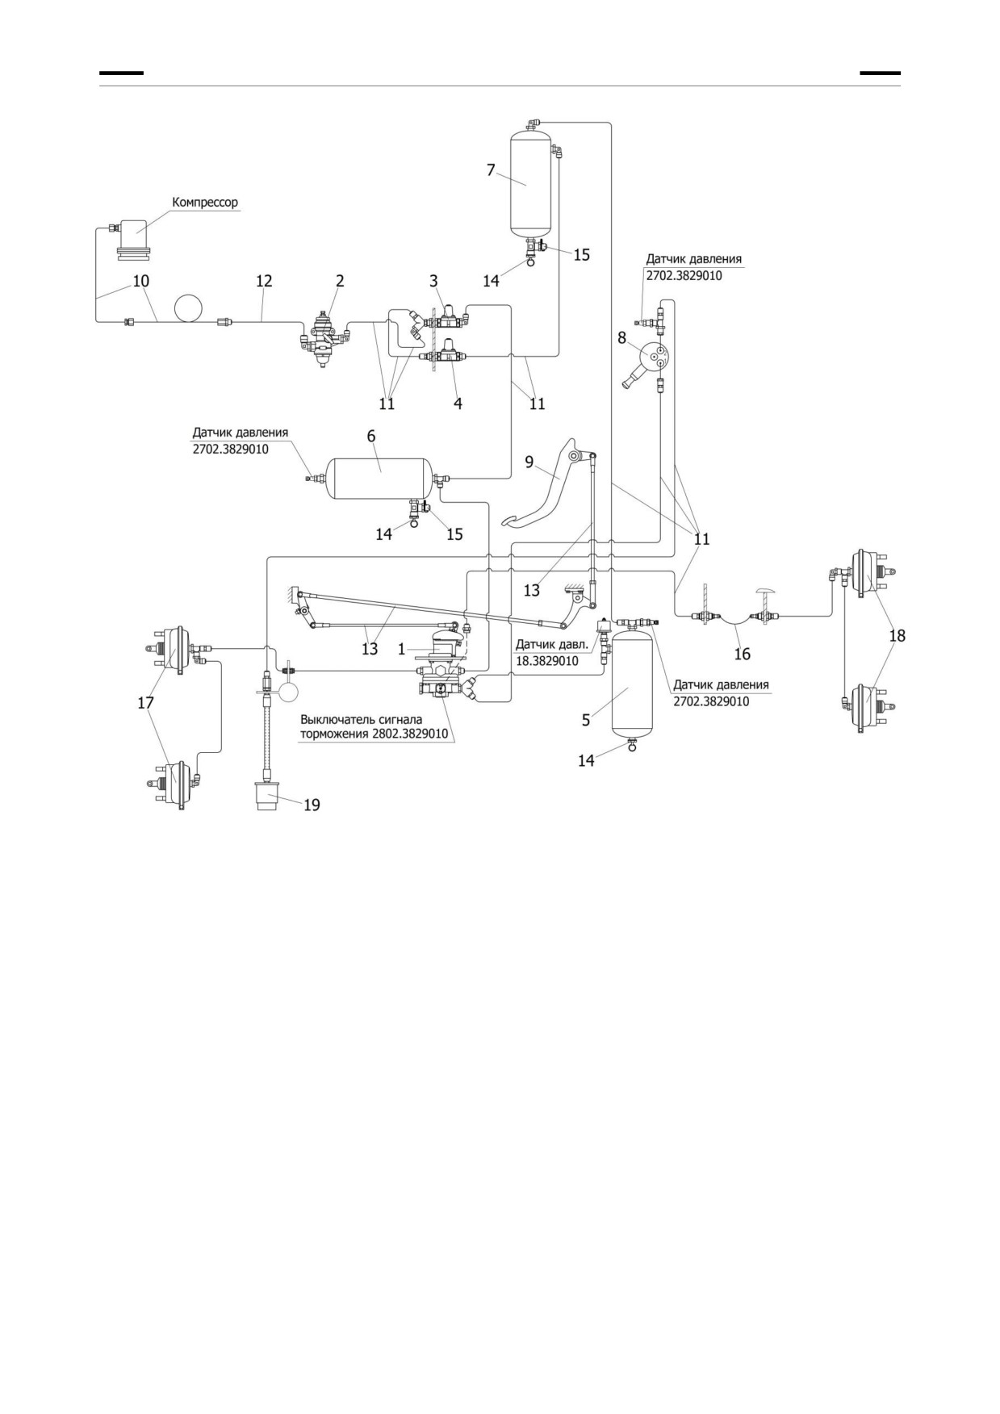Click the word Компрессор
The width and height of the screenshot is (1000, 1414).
(x=205, y=203)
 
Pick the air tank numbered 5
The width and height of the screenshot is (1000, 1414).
(x=631, y=684)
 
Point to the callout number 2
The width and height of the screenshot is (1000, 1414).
(x=340, y=281)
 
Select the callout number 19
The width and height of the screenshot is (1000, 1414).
(x=312, y=805)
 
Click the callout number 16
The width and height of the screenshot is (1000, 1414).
(x=742, y=654)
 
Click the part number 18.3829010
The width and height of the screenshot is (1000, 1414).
(x=546, y=661)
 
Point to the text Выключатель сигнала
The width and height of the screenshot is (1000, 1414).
(x=361, y=719)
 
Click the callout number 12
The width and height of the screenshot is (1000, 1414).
(x=264, y=281)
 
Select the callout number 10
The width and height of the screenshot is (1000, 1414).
(x=140, y=281)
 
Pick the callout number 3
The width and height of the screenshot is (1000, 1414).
(x=433, y=281)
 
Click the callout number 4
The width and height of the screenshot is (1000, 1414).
(x=458, y=403)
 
